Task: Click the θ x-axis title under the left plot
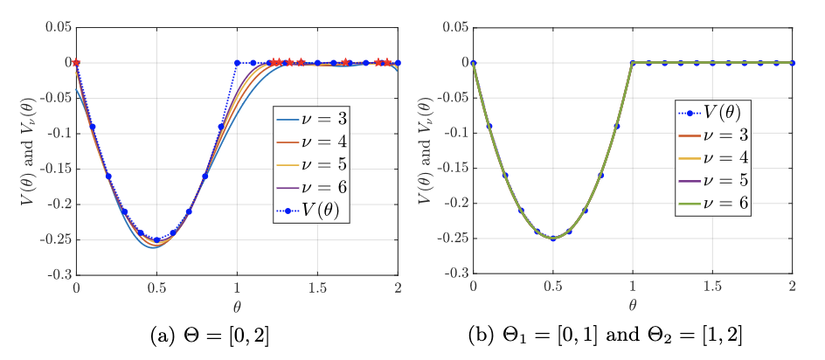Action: click(237, 307)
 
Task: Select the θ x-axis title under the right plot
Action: click(633, 307)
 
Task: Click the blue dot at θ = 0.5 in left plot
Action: click(156, 239)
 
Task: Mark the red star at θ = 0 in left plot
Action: click(77, 63)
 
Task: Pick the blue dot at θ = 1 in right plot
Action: click(633, 63)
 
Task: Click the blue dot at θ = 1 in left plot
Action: click(237, 63)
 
